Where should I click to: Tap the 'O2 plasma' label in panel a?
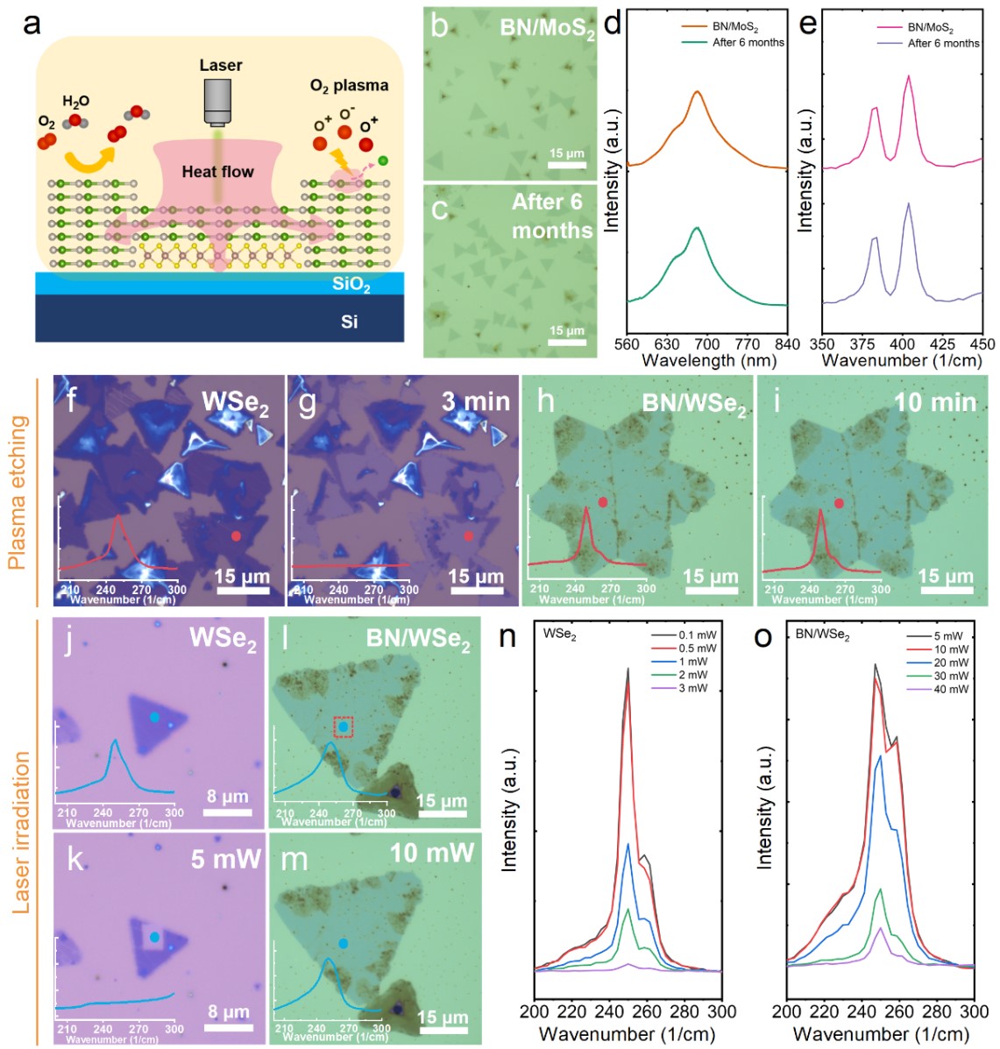pyautogui.click(x=349, y=86)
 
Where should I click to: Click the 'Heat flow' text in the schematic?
pyautogui.click(x=217, y=172)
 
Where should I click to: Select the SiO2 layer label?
pyautogui.click(x=351, y=285)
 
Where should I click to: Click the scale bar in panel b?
pyautogui.click(x=567, y=167)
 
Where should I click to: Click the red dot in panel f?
pyautogui.click(x=236, y=535)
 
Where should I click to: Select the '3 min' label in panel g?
pyautogui.click(x=475, y=401)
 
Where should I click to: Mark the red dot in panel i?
pyautogui.click(x=839, y=503)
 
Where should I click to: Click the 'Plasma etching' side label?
pyautogui.click(x=18, y=493)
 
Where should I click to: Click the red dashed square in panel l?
pyautogui.click(x=344, y=727)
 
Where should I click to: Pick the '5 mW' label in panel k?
pyautogui.click(x=226, y=859)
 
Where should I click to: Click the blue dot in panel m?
pyautogui.click(x=343, y=943)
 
